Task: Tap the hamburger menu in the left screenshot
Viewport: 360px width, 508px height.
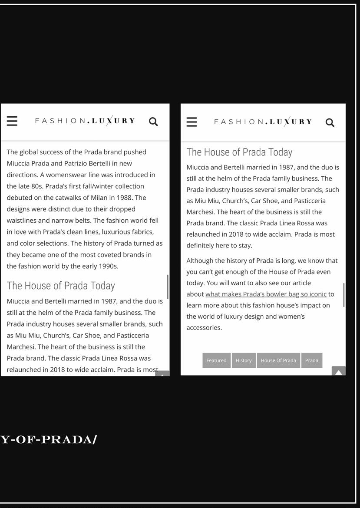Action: click(x=12, y=121)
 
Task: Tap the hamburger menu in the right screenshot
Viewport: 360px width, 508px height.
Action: click(x=192, y=122)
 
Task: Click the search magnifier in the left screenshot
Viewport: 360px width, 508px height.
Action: click(x=153, y=122)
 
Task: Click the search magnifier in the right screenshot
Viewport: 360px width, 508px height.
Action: click(x=330, y=123)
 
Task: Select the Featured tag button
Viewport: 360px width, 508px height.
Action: click(x=216, y=360)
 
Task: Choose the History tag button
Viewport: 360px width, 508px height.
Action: click(x=244, y=360)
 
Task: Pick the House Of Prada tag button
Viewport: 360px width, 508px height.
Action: click(x=278, y=360)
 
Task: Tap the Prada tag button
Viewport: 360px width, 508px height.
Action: click(x=312, y=360)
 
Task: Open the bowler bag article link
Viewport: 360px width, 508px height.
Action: click(x=266, y=294)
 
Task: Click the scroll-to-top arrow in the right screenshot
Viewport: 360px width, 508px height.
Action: click(x=339, y=372)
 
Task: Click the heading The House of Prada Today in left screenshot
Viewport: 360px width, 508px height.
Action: click(x=61, y=286)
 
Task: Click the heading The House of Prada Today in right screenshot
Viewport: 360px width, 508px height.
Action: click(x=239, y=152)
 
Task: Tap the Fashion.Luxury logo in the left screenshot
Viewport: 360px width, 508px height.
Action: click(x=85, y=121)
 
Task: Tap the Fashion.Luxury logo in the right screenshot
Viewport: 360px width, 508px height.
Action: click(x=263, y=122)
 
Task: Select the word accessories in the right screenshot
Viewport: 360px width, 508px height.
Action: click(x=204, y=328)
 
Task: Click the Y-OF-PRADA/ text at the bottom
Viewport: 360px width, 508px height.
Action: click(x=49, y=439)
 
